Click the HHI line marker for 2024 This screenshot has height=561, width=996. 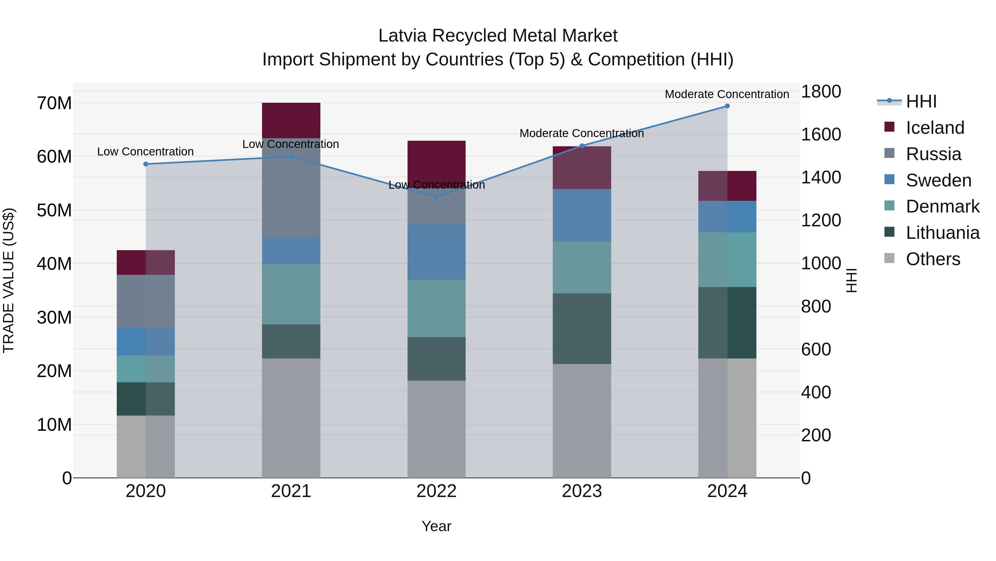point(727,106)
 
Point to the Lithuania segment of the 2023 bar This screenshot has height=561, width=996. point(582,328)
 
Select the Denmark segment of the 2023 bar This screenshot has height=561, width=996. point(582,268)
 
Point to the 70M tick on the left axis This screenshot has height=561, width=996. point(54,103)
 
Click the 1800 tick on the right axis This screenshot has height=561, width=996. point(821,92)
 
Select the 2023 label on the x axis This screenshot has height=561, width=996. point(582,491)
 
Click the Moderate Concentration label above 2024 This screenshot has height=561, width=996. point(727,94)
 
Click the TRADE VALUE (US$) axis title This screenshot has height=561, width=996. point(9,280)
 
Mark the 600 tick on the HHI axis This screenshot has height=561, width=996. point(816,349)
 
